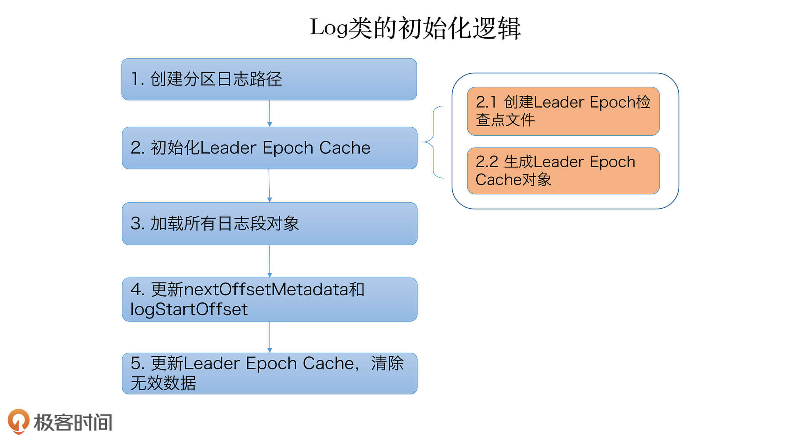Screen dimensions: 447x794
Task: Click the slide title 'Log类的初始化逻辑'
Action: click(415, 28)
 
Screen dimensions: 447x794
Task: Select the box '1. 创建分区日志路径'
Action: click(269, 79)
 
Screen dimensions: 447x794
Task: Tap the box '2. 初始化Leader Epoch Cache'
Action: click(269, 148)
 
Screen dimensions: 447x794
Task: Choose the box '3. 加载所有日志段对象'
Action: click(269, 224)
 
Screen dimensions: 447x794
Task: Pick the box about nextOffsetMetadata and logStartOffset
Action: click(269, 300)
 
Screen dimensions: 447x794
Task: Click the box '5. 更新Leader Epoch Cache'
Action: click(269, 373)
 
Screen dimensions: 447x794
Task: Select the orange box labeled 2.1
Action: click(563, 111)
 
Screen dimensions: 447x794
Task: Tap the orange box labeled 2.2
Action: click(563, 171)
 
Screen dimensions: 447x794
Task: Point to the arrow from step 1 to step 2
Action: click(270, 113)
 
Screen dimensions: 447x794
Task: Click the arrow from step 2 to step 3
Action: click(269, 185)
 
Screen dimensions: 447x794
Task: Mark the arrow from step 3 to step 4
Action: click(270, 261)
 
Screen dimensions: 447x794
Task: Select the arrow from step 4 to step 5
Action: click(270, 337)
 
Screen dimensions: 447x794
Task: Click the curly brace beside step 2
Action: click(433, 142)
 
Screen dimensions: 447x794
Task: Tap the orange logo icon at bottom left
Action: click(18, 421)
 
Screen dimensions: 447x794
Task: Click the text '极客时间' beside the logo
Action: click(73, 422)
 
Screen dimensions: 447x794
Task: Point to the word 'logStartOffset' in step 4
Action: click(189, 309)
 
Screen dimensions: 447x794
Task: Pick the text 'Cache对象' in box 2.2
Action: click(513, 180)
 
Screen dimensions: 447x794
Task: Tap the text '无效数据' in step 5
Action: click(163, 383)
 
